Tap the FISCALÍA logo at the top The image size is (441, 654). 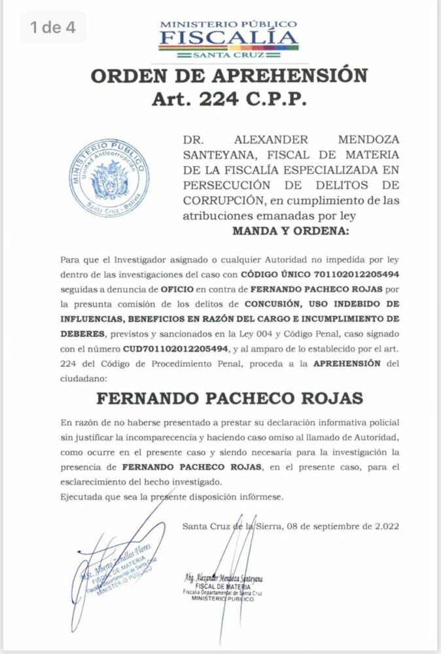228,37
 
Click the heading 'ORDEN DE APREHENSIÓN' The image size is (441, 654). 228,76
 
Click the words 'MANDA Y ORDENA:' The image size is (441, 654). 291,232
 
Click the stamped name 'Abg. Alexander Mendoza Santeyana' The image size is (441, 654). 223,578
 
